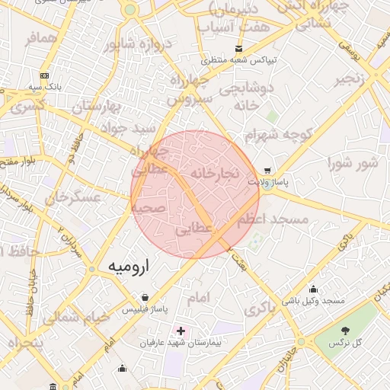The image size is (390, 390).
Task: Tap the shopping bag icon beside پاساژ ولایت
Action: (267, 171)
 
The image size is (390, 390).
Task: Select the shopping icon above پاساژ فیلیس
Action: (145, 297)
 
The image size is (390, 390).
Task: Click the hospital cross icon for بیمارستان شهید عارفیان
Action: (181, 331)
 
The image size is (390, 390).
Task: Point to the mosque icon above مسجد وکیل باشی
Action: (313, 289)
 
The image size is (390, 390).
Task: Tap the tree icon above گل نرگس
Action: (347, 330)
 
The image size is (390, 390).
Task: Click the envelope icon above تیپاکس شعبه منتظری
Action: (239, 48)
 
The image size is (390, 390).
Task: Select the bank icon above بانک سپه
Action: (45, 75)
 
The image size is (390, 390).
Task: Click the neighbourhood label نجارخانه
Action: (216, 174)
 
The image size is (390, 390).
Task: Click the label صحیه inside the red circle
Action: (149, 208)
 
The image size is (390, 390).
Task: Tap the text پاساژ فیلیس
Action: (145, 309)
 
